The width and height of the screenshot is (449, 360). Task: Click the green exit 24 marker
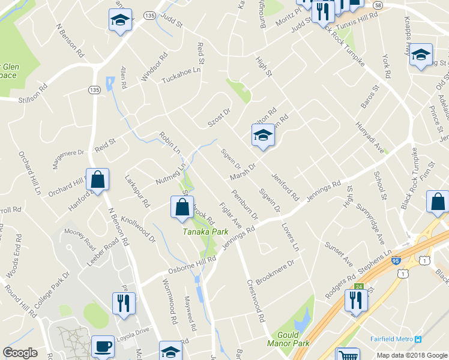tap(360, 287)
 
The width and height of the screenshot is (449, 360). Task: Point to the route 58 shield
tap(377, 5)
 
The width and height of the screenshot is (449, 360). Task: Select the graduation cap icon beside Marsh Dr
tap(262, 136)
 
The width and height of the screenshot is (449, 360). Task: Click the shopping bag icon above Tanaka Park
tap(182, 208)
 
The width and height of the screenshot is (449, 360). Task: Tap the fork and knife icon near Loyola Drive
tap(124, 304)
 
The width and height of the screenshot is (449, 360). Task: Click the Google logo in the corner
tap(20, 353)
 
